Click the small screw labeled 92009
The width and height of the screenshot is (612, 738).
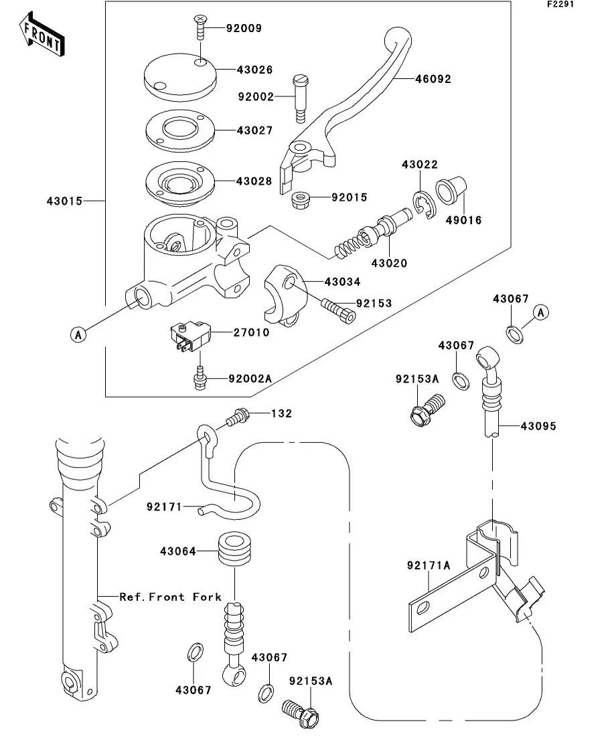(x=200, y=27)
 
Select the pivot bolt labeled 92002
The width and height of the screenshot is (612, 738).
(x=300, y=98)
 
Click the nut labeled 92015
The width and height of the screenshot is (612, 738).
(x=301, y=199)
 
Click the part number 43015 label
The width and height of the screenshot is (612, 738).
(x=64, y=200)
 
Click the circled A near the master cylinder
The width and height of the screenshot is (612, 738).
(x=78, y=335)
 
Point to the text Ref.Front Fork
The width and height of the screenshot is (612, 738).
(x=170, y=596)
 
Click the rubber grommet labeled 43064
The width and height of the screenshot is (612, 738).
(x=234, y=550)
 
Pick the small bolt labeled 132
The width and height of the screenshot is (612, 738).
(x=237, y=417)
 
